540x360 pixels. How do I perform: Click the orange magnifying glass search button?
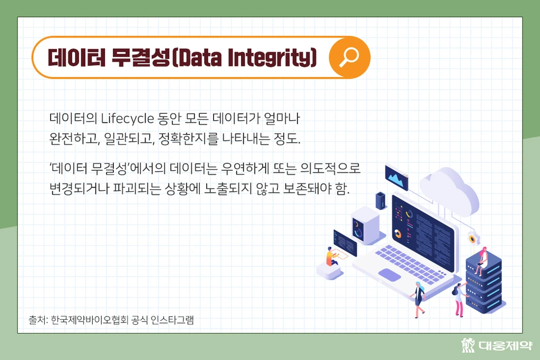click(349, 57)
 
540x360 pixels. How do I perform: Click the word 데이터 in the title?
click(76, 57)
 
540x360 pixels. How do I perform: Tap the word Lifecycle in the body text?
click(128, 119)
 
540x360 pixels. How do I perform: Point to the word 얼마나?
click(282, 119)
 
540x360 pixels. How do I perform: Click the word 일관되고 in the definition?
click(129, 139)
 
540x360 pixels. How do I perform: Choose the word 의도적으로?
click(330, 168)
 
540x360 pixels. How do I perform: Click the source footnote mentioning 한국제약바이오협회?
click(111, 320)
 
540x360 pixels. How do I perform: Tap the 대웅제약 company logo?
click(497, 345)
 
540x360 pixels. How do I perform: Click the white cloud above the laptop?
click(449, 190)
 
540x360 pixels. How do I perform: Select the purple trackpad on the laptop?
click(390, 275)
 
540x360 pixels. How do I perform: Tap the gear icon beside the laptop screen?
click(473, 239)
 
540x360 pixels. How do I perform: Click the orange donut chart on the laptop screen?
click(398, 234)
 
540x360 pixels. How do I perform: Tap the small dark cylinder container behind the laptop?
click(381, 201)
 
